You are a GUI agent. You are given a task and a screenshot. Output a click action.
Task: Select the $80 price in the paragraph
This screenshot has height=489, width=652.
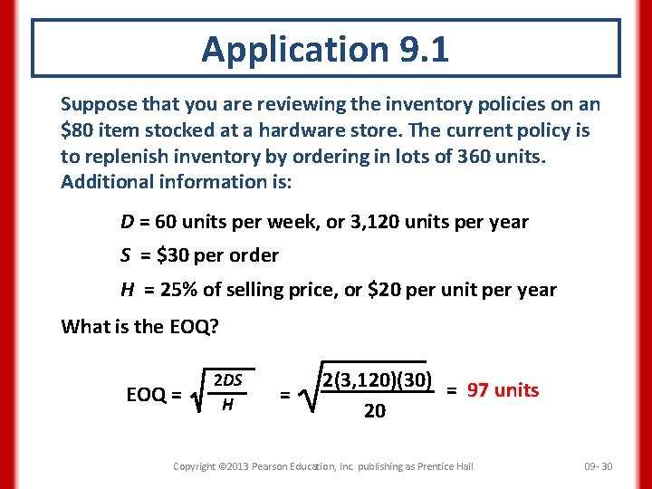[x=76, y=130]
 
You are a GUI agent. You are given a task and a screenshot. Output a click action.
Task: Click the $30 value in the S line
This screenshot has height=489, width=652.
[x=173, y=255]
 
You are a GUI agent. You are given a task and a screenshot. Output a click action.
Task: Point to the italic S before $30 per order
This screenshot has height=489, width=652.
[x=127, y=255]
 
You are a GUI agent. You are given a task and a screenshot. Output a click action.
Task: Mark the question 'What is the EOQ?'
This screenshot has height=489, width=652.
[x=139, y=326]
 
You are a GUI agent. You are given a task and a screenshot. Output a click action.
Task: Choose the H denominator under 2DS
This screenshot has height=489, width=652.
[x=227, y=404]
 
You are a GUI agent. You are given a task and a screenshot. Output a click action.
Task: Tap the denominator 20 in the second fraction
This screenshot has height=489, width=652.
[x=374, y=411]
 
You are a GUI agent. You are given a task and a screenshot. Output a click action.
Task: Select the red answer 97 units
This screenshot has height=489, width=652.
[x=503, y=390]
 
